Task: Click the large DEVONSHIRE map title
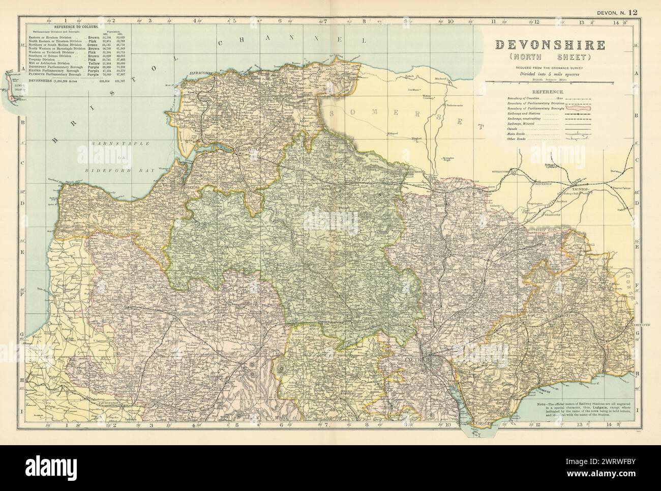(x=550, y=46)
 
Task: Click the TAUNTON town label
(x=580, y=188)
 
